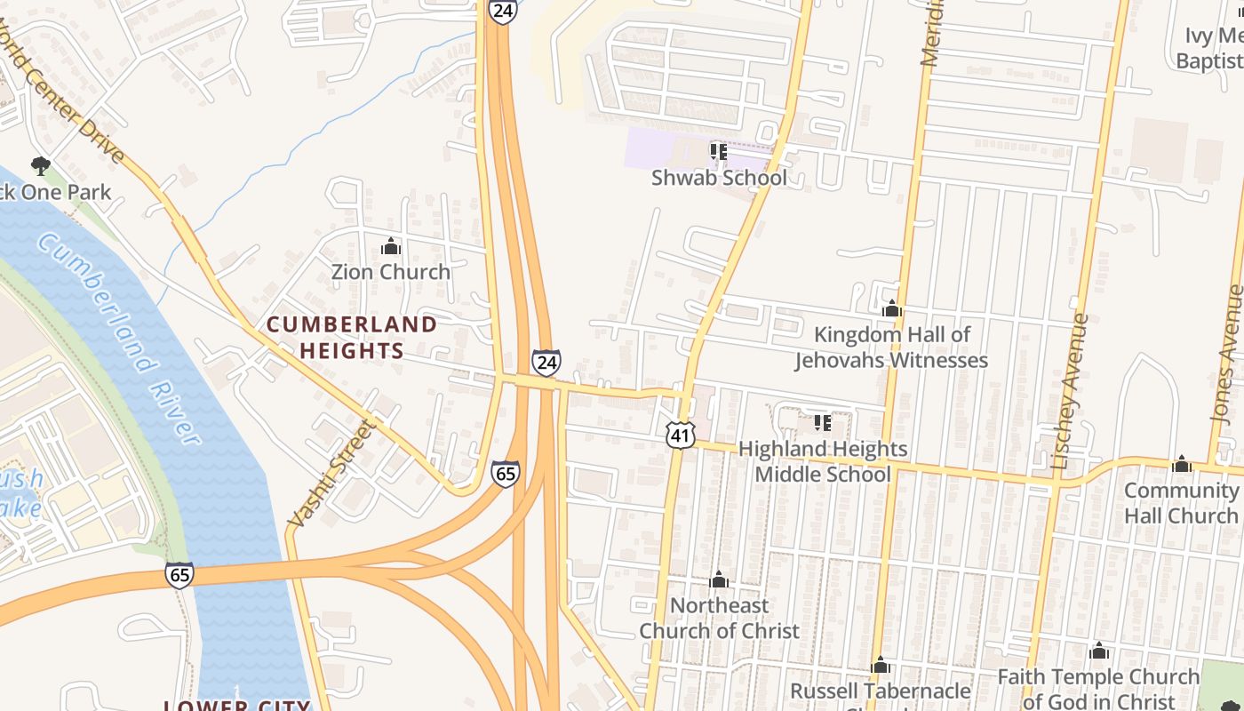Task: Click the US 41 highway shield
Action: click(x=680, y=435)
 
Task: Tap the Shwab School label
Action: click(x=719, y=178)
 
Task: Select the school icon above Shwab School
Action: click(x=719, y=152)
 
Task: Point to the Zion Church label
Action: click(x=391, y=272)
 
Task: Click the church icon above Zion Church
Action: click(x=391, y=246)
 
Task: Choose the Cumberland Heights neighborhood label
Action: click(x=352, y=338)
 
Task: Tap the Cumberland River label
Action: click(x=121, y=338)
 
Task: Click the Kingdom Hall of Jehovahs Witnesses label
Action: click(x=891, y=348)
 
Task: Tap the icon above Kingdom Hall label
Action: click(x=891, y=309)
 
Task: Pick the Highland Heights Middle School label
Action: click(x=823, y=461)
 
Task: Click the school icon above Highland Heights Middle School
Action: click(x=823, y=423)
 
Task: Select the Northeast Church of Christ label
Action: click(x=719, y=618)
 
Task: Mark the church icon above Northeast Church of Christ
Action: click(x=719, y=580)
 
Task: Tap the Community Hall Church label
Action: click(x=1181, y=503)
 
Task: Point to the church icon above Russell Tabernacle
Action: click(x=881, y=665)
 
